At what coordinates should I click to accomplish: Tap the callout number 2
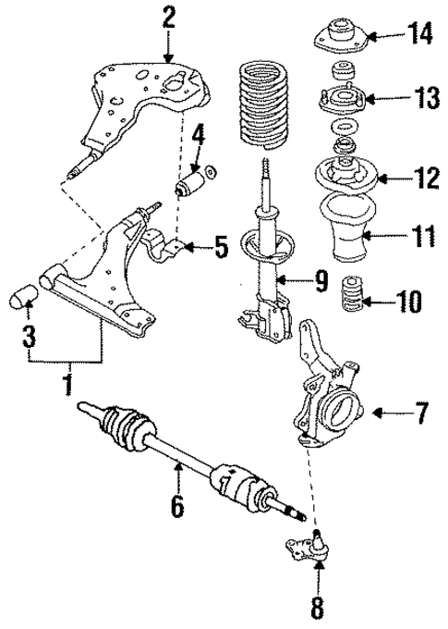pyautogui.click(x=167, y=16)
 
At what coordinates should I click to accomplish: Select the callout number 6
pyautogui.click(x=177, y=506)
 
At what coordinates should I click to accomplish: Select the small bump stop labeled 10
pyautogui.click(x=351, y=296)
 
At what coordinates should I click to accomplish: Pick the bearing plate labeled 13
pyautogui.click(x=342, y=99)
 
